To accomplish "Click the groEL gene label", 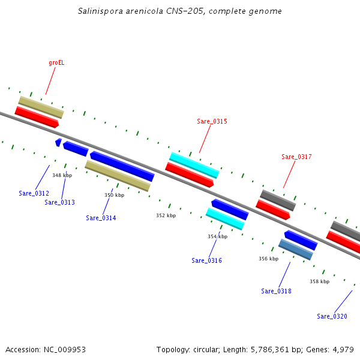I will coord(56,62).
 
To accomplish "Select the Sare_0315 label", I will coord(212,121).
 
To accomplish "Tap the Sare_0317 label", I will coord(296,157).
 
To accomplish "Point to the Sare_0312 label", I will coord(34,193).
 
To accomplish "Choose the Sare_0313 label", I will coord(59,202).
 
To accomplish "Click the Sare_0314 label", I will coord(101,218).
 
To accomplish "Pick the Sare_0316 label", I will coord(206,260).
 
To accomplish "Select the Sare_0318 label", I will coord(276,291).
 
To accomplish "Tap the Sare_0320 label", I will coord(332,316).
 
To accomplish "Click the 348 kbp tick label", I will coord(62,175).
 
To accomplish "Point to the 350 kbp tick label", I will coord(114,195).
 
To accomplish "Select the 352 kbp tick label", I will coord(166,215).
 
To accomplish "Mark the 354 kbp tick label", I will coord(217,236).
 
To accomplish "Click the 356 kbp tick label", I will coord(268,259).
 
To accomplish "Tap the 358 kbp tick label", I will coord(319,281).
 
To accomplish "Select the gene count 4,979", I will coord(343,349).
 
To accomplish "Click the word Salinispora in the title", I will coord(98,11).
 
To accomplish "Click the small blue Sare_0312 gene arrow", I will coord(58,142).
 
